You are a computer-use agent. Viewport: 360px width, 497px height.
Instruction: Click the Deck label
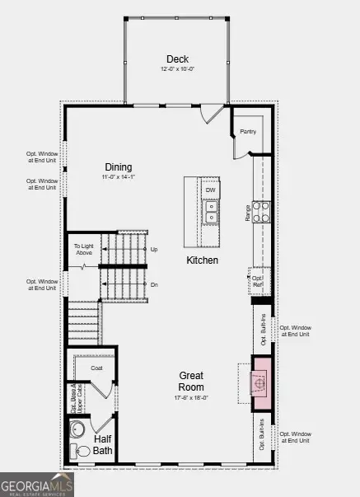[x=177, y=59]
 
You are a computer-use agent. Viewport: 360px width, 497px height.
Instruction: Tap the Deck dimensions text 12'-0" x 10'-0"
[x=177, y=69]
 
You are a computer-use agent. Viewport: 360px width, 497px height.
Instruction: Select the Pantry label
[x=249, y=132]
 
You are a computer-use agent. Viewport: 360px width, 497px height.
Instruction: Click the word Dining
[x=119, y=166]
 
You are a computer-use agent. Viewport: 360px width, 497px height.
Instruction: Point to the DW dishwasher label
[x=211, y=190]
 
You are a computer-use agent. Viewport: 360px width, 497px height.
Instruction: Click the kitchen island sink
[x=211, y=217]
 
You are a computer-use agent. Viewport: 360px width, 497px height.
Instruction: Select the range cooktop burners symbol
[x=261, y=212]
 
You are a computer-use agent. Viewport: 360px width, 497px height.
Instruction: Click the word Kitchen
[x=202, y=260]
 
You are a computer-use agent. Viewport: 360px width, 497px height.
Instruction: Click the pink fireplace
[x=261, y=383]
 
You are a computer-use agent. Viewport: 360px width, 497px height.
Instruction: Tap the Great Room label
[x=192, y=382]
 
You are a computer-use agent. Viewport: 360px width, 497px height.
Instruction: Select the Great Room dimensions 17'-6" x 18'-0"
[x=192, y=398]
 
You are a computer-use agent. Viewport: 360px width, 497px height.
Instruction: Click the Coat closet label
[x=96, y=368]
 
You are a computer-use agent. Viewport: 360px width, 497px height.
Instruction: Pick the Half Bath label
[x=103, y=445]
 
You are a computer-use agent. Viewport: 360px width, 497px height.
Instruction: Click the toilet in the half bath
[x=81, y=450]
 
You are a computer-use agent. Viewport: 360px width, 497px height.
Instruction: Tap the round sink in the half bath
[x=79, y=429]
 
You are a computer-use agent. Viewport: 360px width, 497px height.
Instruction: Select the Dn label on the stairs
[x=153, y=284]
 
